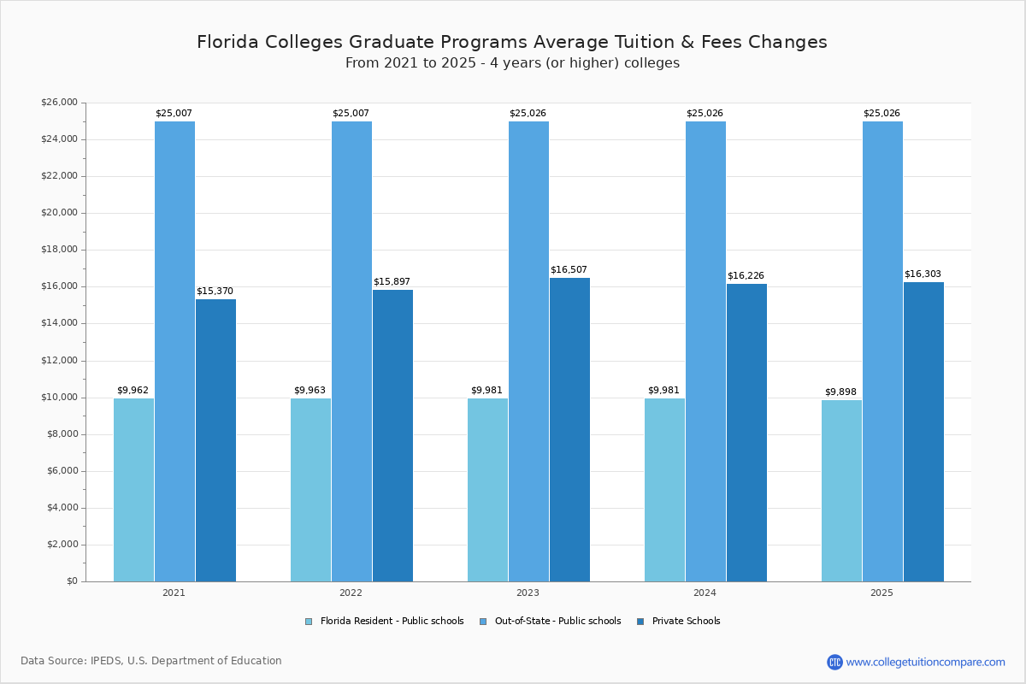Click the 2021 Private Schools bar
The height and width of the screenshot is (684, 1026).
pyautogui.click(x=215, y=440)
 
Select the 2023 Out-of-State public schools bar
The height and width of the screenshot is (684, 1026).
pyautogui.click(x=528, y=351)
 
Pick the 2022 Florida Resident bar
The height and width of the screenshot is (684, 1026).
pyautogui.click(x=310, y=489)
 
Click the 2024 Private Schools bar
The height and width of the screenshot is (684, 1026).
pyautogui.click(x=746, y=433)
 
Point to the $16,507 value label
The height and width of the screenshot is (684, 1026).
pyautogui.click(x=569, y=270)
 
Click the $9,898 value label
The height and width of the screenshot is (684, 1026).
pyautogui.click(x=840, y=392)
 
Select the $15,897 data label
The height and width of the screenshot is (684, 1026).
pyautogui.click(x=392, y=282)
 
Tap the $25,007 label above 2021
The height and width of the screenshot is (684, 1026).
pyautogui.click(x=174, y=114)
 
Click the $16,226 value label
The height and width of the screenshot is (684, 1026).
pyautogui.click(x=746, y=276)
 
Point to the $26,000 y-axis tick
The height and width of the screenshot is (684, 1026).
pyautogui.click(x=59, y=103)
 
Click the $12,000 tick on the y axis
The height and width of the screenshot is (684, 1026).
pyautogui.click(x=59, y=361)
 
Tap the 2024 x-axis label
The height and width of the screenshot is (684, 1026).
pyautogui.click(x=705, y=593)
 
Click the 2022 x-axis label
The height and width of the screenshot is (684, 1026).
pyautogui.click(x=351, y=593)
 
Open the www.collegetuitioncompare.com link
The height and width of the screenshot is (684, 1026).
pyautogui.click(x=925, y=662)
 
